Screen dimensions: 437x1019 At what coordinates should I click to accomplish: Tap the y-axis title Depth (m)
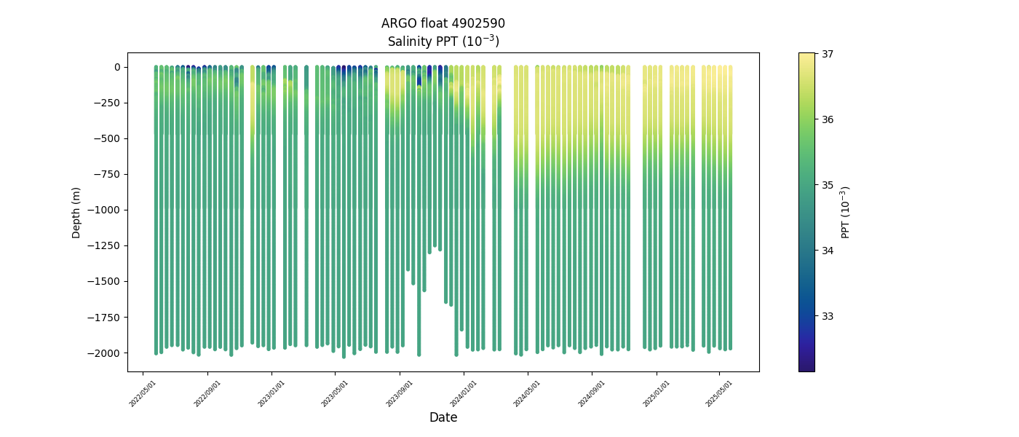click(76, 212)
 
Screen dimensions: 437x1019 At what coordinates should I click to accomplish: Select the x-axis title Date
click(443, 417)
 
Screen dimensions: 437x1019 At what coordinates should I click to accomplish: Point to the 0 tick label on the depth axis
click(116, 67)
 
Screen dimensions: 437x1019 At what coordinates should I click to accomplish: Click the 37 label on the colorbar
click(828, 54)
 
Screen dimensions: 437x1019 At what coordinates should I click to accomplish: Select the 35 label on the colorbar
click(828, 185)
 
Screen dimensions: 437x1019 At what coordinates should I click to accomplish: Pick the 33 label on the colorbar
click(828, 316)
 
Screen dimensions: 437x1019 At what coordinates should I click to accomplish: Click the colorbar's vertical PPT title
click(845, 212)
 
